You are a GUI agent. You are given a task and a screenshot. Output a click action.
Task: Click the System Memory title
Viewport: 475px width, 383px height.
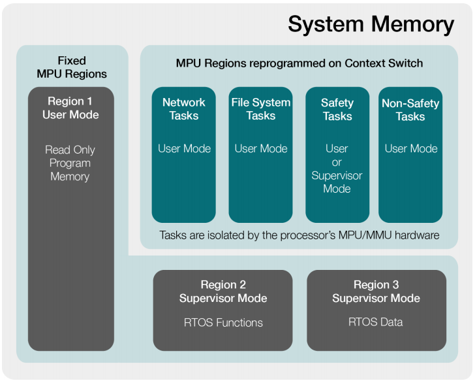[371, 24]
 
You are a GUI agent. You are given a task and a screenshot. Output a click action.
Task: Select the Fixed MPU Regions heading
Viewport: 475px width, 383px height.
[71, 67]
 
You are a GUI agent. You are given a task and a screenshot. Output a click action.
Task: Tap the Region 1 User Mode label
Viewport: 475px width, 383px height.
[70, 108]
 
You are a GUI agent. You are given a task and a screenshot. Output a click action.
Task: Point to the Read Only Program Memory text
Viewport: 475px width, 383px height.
[70, 163]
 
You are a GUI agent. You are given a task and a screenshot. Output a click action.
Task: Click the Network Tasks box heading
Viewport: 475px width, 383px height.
[184, 108]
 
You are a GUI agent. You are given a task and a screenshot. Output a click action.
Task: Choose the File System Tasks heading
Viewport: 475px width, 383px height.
[260, 108]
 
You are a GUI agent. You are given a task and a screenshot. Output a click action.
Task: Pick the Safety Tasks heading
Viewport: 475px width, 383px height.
[337, 109]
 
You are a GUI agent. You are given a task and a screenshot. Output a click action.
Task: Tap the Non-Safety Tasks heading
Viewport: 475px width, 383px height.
[410, 110]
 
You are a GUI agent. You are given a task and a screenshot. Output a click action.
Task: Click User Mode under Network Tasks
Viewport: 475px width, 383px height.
[184, 148]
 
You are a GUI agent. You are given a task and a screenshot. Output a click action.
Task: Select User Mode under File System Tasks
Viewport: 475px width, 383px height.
[260, 148]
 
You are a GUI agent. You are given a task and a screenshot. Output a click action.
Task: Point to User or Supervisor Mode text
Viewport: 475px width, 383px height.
[337, 169]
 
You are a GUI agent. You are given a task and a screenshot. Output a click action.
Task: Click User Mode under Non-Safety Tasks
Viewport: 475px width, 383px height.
[410, 148]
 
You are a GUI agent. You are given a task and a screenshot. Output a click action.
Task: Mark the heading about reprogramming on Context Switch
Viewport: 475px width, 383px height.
[299, 63]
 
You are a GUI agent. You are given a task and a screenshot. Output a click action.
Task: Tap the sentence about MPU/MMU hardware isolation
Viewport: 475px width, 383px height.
[299, 235]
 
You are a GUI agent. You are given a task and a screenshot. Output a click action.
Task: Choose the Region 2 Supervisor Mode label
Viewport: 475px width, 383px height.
[223, 291]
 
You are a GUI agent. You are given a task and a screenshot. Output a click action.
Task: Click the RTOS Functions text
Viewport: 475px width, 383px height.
[223, 322]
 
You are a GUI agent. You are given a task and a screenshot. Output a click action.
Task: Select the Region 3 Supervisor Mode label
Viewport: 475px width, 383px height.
[376, 291]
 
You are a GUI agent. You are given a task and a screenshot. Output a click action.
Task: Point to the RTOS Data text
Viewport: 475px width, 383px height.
[376, 322]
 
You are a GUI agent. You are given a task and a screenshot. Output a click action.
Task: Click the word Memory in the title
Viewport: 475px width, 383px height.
[412, 24]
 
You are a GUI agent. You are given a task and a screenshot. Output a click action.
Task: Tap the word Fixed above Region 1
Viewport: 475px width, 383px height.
[71, 60]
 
